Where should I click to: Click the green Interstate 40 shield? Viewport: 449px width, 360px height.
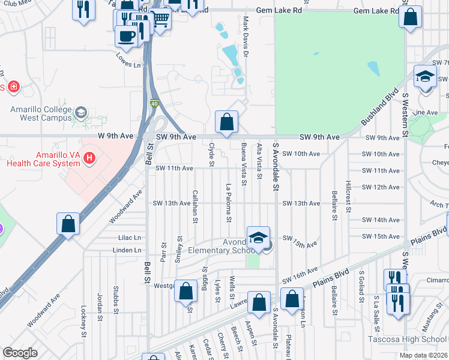154,104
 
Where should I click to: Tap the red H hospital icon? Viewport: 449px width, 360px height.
89,158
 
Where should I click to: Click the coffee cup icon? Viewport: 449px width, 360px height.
126,35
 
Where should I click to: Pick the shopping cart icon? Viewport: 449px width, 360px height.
160,20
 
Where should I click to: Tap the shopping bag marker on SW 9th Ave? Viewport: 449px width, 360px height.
227,122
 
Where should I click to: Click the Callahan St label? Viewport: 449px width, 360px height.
195,206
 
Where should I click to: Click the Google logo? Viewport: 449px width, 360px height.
20,353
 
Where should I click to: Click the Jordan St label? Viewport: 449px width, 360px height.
100,306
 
